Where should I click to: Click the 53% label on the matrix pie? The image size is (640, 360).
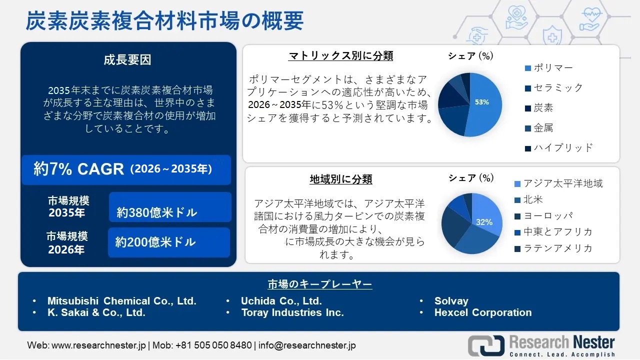pos(481,102)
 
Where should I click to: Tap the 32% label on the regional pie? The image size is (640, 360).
pos(484,222)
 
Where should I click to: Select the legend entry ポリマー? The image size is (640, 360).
pos(553,67)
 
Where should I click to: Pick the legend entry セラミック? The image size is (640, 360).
pos(558,87)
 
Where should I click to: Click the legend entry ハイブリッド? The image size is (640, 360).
pos(563,147)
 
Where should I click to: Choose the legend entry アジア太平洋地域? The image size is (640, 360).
pos(563,183)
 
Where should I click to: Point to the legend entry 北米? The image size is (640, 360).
pos(533,199)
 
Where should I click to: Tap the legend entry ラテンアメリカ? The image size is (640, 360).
pos(558,248)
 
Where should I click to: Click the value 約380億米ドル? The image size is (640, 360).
pos(157,212)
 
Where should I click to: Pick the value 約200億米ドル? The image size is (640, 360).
pos(155,242)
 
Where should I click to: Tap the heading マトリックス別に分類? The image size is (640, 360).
pos(341,55)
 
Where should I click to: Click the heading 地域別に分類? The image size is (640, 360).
pos(341,179)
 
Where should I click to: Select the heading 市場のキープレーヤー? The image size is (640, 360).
pos(319,284)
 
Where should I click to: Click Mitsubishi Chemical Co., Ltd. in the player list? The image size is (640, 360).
pos(121,301)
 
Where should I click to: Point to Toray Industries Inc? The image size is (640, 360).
pos(292,312)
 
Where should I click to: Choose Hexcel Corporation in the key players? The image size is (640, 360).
pos(483,312)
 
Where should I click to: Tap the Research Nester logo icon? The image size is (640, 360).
pos(486,345)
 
